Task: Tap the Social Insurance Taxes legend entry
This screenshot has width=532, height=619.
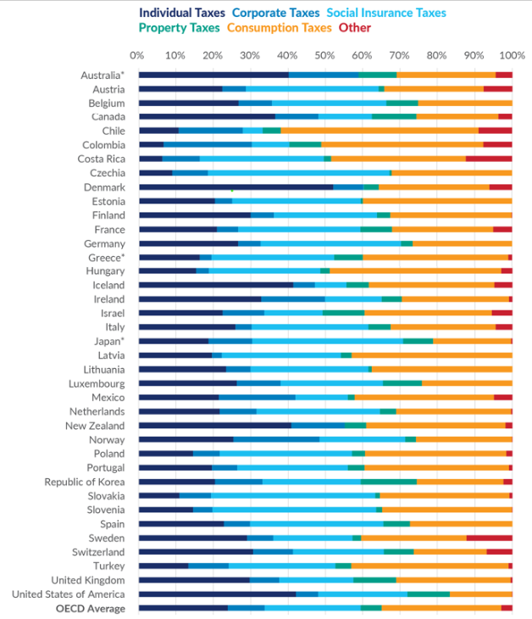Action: [385, 14]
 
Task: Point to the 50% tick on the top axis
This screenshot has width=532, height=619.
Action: [325, 56]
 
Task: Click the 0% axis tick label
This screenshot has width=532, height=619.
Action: [138, 56]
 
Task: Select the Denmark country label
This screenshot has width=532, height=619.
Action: [104, 187]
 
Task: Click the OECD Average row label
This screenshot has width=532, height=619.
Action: [91, 608]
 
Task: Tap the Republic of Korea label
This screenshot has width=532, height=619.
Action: [85, 482]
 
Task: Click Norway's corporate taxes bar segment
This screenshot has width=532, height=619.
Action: [276, 439]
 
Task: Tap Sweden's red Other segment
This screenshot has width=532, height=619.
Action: [489, 538]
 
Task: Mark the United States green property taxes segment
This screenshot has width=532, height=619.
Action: [429, 594]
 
